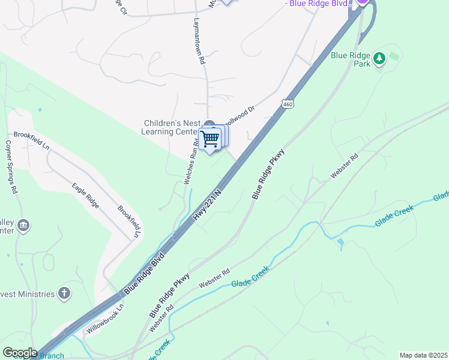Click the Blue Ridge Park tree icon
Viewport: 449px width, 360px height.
(379, 58)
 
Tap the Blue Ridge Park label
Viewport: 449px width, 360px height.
(351, 59)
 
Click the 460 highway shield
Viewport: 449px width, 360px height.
(288, 104)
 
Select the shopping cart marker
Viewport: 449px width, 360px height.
(210, 140)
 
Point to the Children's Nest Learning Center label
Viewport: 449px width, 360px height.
(173, 127)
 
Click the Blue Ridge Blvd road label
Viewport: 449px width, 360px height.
(144, 273)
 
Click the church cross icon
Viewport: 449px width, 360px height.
(64, 293)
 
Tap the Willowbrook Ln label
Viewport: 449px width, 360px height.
(104, 319)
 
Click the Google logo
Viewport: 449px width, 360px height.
(20, 353)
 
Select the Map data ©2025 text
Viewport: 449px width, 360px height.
(423, 355)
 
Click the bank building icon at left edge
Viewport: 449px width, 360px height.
(23, 226)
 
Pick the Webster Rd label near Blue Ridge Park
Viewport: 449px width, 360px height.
(344, 167)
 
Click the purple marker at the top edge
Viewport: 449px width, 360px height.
(362, 2)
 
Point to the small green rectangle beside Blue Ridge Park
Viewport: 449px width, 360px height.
(394, 56)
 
